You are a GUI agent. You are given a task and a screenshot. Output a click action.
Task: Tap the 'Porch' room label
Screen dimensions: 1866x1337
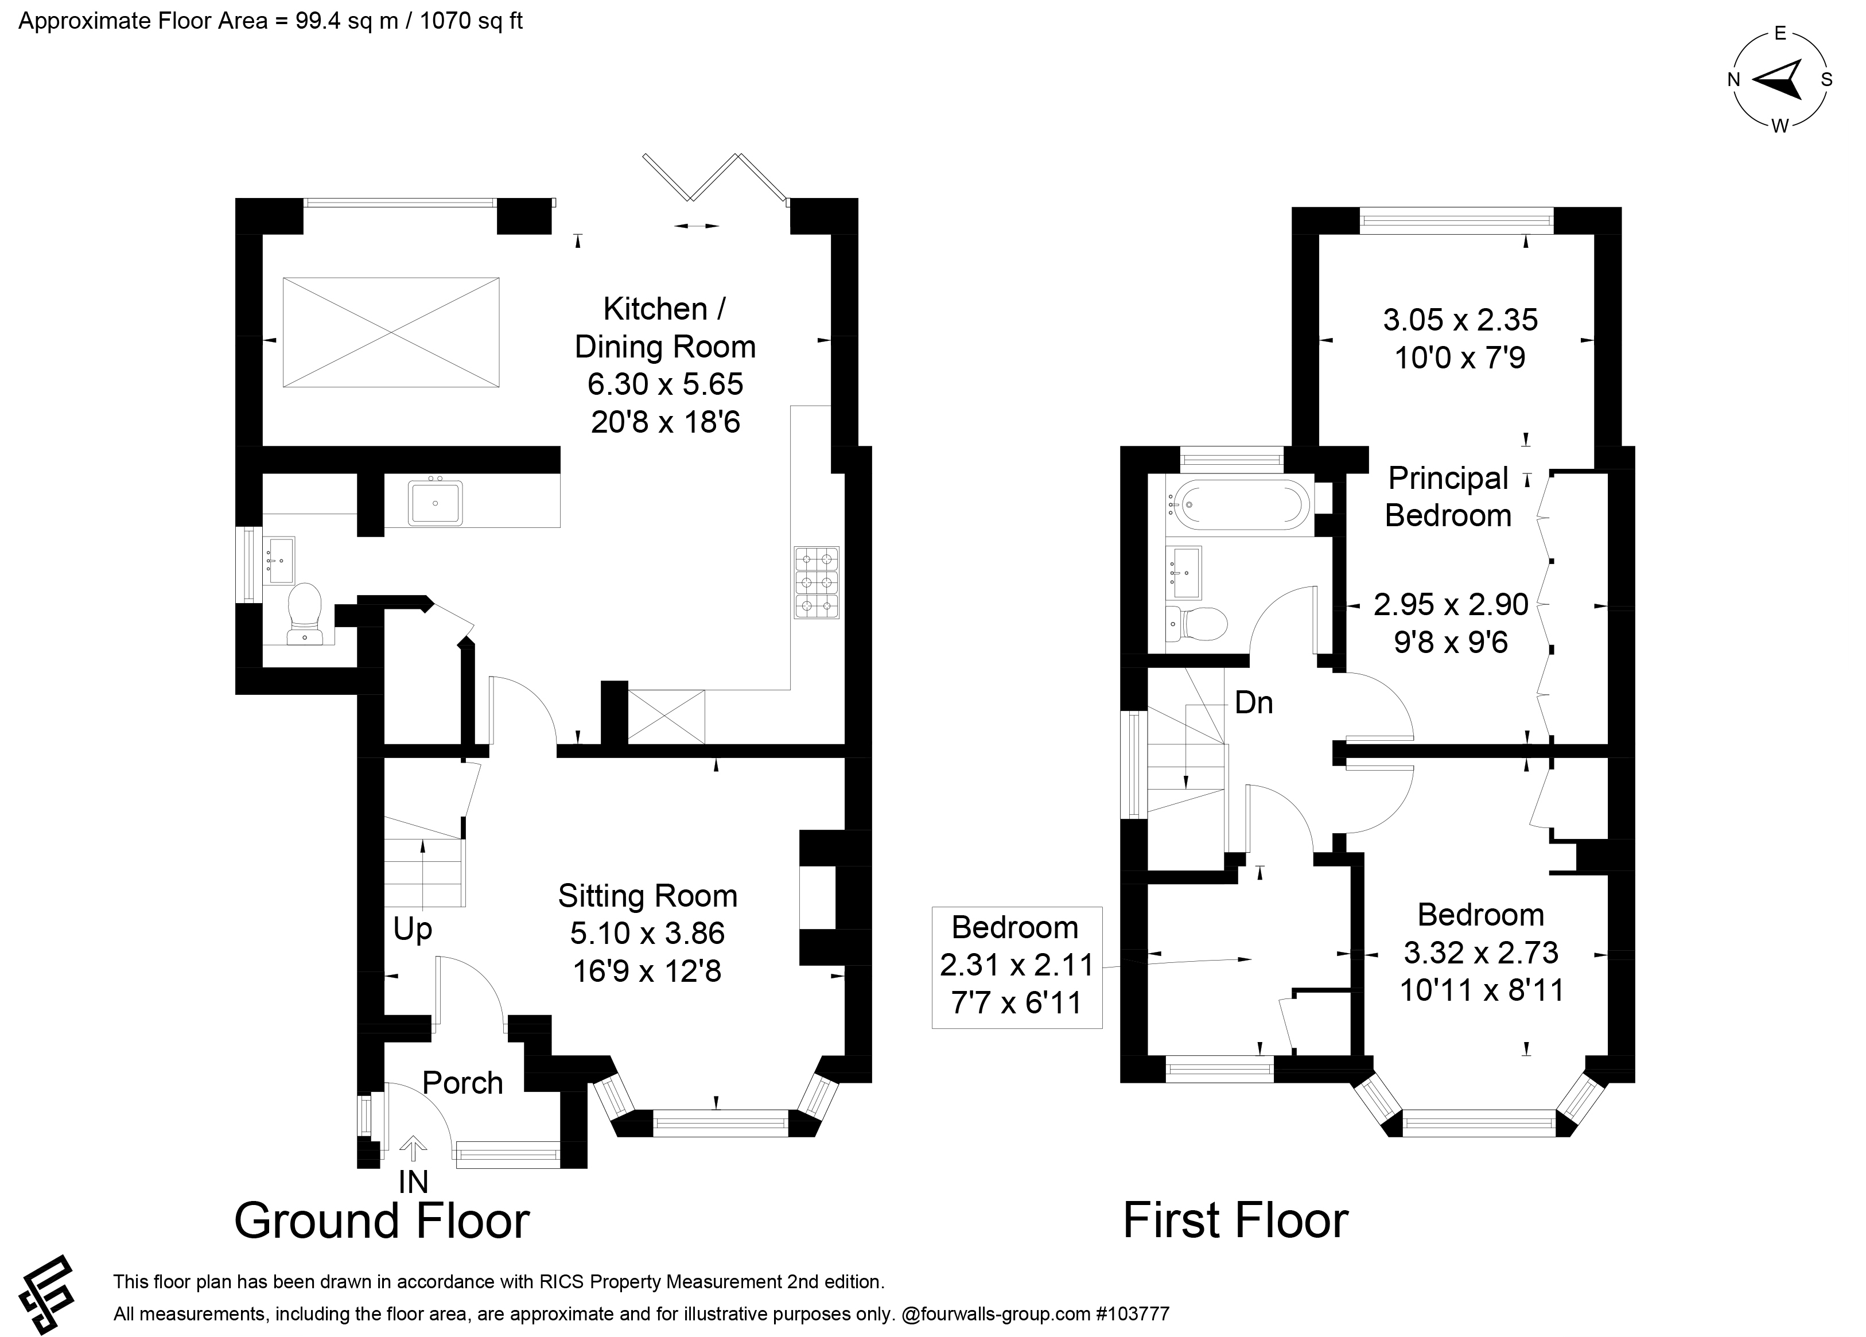[x=462, y=1083]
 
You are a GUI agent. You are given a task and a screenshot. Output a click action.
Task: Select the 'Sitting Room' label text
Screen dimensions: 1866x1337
[x=647, y=895]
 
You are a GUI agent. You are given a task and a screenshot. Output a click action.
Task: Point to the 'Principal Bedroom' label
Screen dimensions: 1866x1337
[x=1448, y=497]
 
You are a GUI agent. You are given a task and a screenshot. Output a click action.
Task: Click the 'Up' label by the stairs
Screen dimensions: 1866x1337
[x=412, y=930]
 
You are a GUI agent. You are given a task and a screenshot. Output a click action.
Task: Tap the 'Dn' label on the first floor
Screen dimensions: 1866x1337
[x=1254, y=703]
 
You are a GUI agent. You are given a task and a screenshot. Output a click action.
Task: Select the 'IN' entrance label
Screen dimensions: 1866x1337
[x=413, y=1182]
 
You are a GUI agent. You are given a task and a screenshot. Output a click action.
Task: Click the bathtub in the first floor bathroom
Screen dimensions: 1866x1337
[x=1239, y=504]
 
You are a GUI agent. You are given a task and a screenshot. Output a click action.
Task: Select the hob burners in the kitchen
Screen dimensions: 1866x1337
[x=817, y=582]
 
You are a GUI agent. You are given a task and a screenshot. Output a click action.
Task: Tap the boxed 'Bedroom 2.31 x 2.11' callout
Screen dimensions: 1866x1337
[x=1017, y=967]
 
